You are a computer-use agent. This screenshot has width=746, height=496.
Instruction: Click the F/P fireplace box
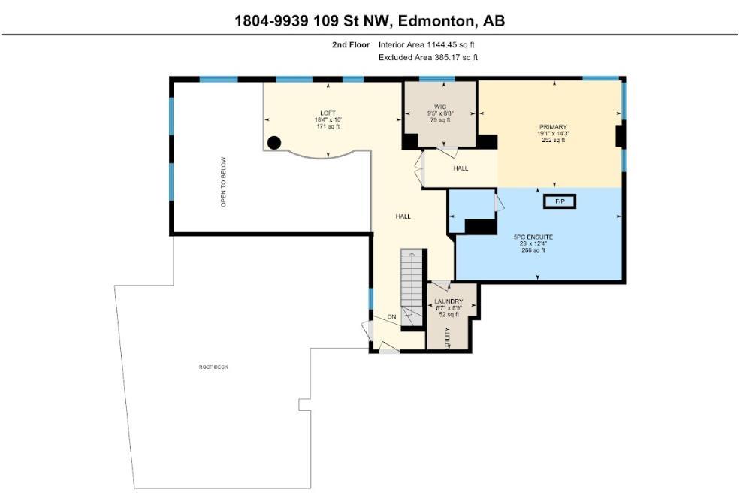(560, 201)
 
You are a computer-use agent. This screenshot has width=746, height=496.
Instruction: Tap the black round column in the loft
(274, 142)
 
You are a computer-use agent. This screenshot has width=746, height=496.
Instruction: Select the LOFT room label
(328, 113)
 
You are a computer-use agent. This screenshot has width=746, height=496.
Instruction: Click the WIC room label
(440, 107)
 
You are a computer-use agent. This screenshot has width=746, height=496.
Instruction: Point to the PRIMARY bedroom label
(553, 127)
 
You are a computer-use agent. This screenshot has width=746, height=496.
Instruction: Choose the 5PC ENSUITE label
(533, 237)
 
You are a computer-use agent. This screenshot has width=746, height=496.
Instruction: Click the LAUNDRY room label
(449, 301)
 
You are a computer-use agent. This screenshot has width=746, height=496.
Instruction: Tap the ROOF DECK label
(213, 367)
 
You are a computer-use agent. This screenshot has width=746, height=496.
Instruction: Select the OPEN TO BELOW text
(223, 182)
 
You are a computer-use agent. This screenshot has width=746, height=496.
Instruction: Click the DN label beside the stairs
(391, 316)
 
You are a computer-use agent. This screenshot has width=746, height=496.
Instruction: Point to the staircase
(412, 288)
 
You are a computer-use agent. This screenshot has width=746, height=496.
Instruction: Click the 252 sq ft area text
(553, 141)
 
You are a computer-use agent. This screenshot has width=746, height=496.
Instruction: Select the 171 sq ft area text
(328, 126)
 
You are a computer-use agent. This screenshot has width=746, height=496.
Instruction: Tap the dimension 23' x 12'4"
(533, 243)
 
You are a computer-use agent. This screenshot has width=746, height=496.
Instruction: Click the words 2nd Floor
(351, 45)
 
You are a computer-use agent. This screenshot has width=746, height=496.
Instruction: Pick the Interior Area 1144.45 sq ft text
(426, 45)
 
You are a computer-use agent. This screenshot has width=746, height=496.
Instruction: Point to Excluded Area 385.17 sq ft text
(428, 58)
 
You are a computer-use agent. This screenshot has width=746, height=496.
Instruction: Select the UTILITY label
(447, 338)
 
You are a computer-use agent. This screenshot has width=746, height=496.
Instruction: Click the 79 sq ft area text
(440, 120)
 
